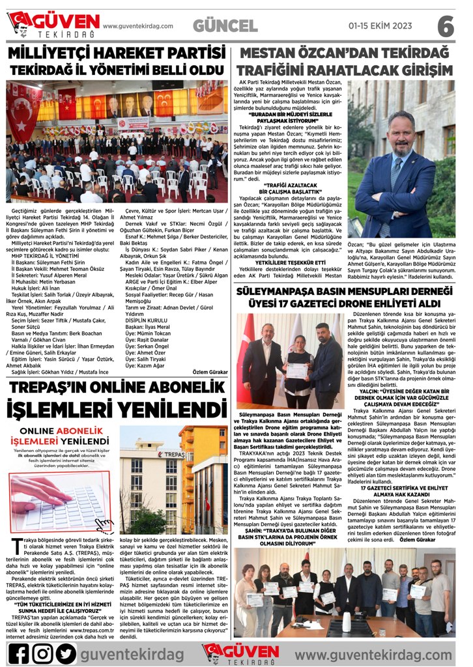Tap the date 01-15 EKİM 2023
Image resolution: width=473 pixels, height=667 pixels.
[380, 26]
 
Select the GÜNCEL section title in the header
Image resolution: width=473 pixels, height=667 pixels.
[225, 26]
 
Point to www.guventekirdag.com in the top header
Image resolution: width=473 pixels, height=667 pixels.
[138, 26]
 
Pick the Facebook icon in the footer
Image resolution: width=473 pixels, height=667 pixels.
[18, 652]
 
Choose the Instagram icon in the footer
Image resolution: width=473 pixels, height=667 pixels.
[42, 652]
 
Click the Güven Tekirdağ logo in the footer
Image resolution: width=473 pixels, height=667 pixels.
[240, 652]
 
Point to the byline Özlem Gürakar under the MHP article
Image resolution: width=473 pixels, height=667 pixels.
[210, 371]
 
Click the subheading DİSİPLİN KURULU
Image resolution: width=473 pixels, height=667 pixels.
[147, 320]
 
